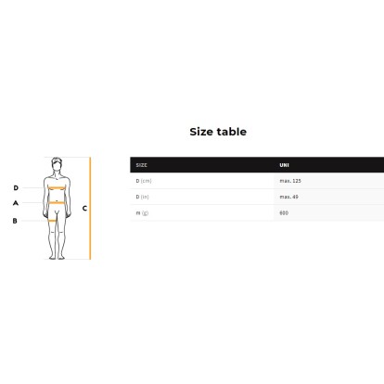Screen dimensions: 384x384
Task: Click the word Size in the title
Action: [201, 132]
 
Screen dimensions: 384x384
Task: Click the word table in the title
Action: [232, 132]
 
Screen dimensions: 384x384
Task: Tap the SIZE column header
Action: [141, 165]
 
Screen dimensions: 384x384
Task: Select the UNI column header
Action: [284, 165]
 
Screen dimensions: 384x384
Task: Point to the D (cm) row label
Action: [144, 181]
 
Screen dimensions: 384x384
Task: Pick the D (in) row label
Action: [142, 197]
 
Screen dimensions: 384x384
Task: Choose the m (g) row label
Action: [142, 213]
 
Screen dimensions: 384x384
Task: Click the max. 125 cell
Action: [290, 181]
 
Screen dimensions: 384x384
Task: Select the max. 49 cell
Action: [288, 197]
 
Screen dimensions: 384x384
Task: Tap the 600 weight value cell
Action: [284, 213]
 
